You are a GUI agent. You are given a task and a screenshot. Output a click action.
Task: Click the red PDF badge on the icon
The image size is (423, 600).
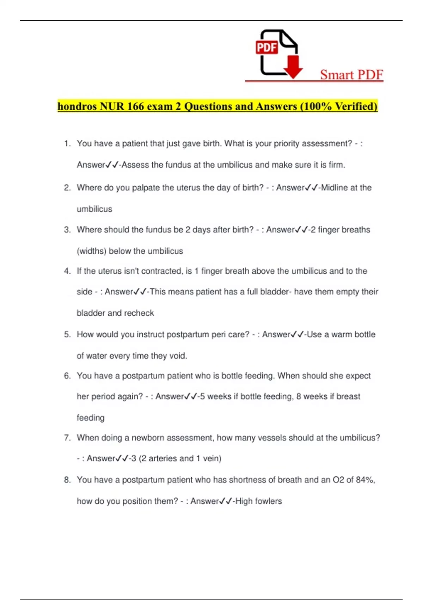point(267,47)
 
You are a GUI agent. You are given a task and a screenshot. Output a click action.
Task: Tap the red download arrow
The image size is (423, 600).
point(293,67)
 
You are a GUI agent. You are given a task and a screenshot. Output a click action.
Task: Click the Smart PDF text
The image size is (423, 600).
point(351,74)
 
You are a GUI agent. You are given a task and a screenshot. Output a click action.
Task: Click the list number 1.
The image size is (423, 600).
point(67,144)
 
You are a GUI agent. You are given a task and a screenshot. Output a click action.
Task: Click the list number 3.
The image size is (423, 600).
point(67,230)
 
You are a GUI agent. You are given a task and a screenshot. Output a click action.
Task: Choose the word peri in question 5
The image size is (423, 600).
point(219,335)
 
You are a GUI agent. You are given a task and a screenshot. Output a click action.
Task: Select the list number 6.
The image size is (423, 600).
point(67,376)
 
